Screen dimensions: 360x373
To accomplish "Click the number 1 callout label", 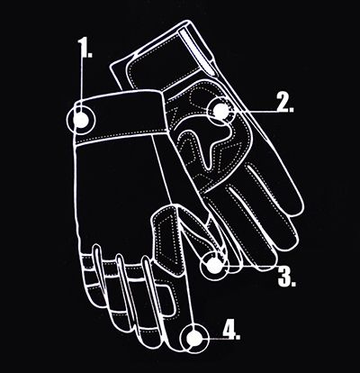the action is pos(85,48).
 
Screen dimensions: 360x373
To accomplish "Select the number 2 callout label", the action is pos(285,103).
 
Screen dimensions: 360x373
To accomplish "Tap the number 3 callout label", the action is pos(286,276).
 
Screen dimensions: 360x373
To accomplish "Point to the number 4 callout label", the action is pos(231,330).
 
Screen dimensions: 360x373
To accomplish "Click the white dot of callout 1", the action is pos(81,120).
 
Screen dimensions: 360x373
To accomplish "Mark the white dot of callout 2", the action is pos(221,110).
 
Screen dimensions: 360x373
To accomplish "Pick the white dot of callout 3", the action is pos(215,266).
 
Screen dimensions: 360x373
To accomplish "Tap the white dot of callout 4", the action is pos(194,338).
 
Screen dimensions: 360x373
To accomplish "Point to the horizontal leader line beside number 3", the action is pos(251,265).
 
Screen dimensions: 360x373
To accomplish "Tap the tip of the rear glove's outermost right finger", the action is pos(295,207).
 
